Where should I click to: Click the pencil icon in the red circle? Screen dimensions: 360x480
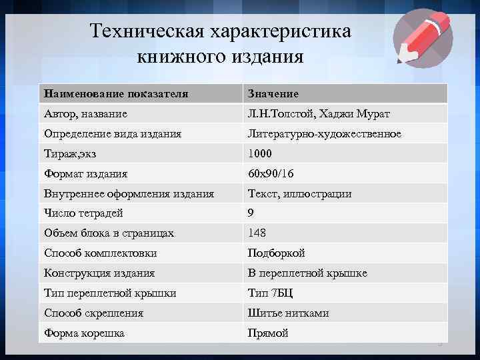coord(422,38)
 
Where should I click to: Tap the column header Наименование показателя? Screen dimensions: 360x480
coord(116,94)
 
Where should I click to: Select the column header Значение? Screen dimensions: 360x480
coord(273,94)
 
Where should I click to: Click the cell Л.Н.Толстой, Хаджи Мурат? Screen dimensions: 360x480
coord(319,114)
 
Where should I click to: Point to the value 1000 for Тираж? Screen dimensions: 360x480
coord(260,154)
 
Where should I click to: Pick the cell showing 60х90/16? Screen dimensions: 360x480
coord(271,174)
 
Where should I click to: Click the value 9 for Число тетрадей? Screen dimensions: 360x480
coord(251,213)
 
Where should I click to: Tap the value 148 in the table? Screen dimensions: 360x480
coord(257,233)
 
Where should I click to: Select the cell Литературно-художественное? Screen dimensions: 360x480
coord(324,134)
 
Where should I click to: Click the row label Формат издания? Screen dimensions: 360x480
coord(85,174)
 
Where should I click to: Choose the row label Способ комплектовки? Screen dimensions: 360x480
coord(101,253)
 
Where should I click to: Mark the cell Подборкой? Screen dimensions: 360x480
coord(276,253)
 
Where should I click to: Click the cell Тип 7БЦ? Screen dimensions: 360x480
coord(270,293)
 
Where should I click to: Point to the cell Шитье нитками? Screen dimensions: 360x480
coord(288,313)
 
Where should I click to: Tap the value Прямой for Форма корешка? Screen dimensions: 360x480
coord(268,333)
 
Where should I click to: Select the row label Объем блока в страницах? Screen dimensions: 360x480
coord(109,233)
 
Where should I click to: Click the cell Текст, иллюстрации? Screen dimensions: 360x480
coord(299,194)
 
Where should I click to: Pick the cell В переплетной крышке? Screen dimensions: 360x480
coord(307,273)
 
